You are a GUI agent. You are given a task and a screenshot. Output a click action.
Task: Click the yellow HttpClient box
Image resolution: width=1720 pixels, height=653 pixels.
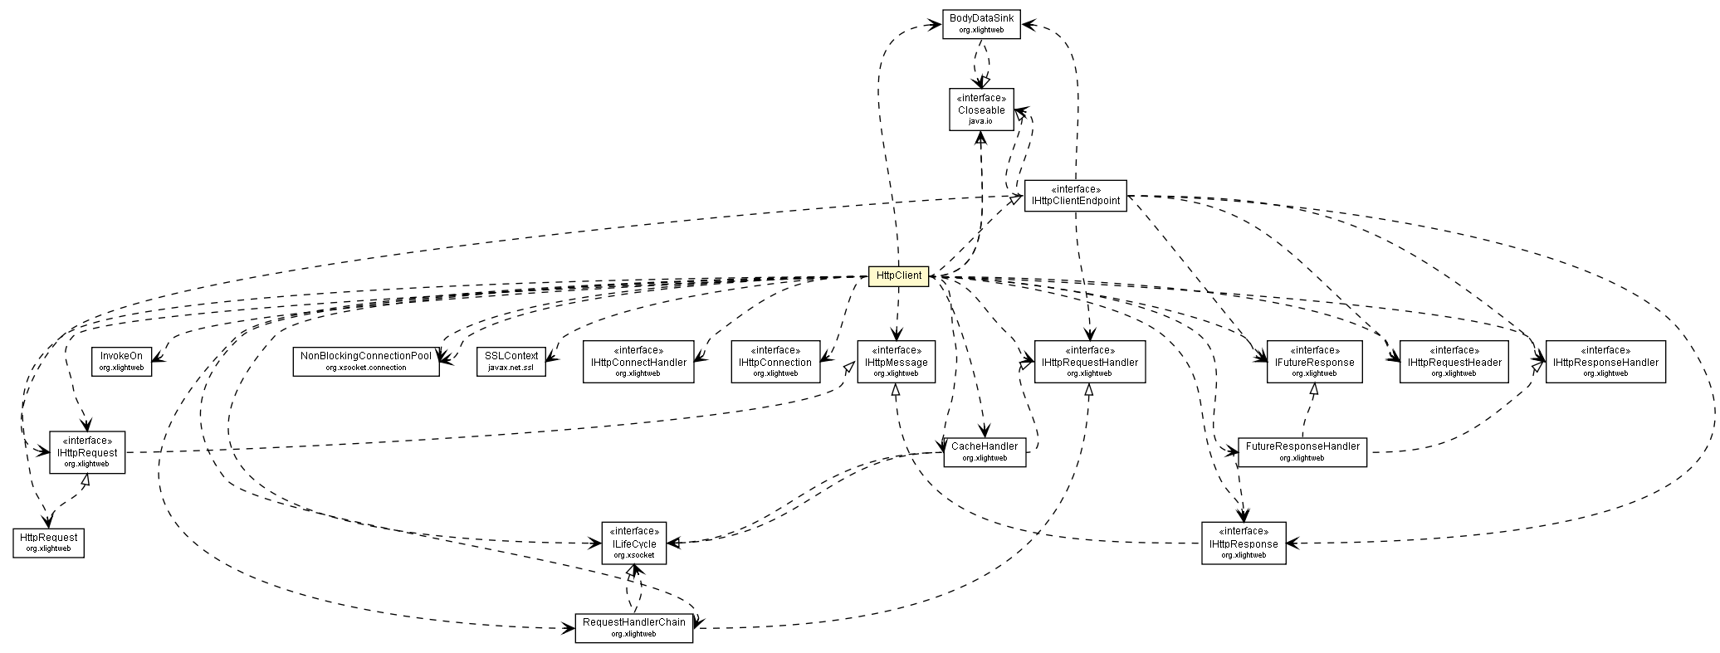pos(898,276)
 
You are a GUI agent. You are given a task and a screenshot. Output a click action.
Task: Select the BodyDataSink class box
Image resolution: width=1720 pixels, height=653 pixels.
pos(981,23)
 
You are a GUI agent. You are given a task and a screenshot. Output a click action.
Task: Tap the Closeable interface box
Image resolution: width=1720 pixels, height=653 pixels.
pos(981,110)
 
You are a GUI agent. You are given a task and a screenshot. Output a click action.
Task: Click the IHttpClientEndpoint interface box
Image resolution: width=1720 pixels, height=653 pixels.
pos(1075,196)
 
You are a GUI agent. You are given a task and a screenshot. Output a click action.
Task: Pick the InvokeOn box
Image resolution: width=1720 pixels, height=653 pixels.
pos(121,360)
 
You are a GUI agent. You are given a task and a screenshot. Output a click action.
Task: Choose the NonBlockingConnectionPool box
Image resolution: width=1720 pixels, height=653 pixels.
pos(366,361)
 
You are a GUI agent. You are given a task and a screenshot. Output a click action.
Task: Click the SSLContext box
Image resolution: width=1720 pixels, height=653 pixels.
pos(511,361)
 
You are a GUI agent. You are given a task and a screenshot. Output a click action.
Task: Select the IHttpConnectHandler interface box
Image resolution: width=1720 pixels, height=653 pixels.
pos(638,362)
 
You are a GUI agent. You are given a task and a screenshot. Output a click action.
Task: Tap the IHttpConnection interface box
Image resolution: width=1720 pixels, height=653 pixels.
pos(775,362)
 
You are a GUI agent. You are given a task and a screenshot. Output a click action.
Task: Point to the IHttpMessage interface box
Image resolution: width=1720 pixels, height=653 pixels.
pos(897,362)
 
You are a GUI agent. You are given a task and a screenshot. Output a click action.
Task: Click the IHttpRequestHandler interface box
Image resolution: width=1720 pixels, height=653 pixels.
pos(1090,362)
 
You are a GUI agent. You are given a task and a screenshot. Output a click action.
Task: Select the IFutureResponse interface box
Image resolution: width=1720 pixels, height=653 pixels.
pos(1313,362)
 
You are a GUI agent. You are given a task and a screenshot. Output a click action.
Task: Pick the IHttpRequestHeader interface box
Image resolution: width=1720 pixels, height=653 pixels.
pos(1454,362)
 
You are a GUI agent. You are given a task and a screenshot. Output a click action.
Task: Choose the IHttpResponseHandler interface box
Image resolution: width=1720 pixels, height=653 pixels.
pos(1605,362)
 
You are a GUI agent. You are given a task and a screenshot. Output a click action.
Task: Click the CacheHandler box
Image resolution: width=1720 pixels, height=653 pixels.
pos(985,451)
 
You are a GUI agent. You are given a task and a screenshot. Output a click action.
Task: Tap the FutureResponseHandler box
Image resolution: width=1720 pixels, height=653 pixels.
pos(1302,451)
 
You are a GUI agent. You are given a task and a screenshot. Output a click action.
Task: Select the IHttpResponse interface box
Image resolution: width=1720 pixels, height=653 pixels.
pos(1244,543)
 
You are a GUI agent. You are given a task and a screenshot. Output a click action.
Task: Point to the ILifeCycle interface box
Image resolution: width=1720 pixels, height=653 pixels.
pos(634,543)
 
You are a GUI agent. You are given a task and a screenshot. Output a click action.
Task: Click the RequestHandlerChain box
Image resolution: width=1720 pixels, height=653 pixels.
pos(633,628)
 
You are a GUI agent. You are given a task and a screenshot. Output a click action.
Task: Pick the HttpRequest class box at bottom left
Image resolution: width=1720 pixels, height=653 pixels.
pos(48,543)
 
